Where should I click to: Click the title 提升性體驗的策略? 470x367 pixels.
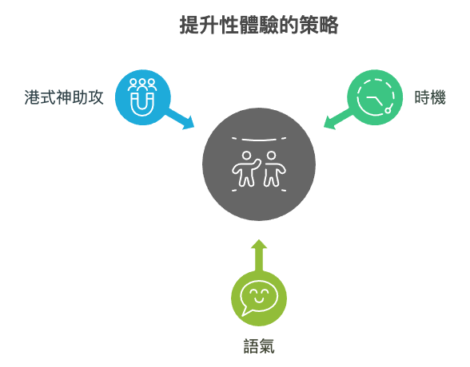(259, 25)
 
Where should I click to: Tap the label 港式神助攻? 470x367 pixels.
(64, 97)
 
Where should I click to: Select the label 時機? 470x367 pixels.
(430, 97)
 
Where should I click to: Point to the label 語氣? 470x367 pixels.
(259, 346)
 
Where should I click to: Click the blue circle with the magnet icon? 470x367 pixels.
(142, 97)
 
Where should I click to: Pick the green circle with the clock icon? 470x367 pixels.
(375, 97)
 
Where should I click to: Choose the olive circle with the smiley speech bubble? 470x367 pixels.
(259, 298)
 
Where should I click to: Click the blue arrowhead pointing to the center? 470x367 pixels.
(189, 123)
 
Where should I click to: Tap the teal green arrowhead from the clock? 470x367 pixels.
(329, 123)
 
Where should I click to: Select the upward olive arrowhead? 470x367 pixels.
(259, 244)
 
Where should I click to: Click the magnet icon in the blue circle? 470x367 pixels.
(142, 104)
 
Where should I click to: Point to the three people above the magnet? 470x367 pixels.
(142, 85)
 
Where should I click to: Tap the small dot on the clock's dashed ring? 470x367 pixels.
(388, 111)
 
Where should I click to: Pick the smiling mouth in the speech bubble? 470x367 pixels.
(259, 299)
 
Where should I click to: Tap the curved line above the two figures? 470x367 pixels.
(259, 140)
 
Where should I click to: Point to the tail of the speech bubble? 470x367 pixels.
(246, 312)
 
